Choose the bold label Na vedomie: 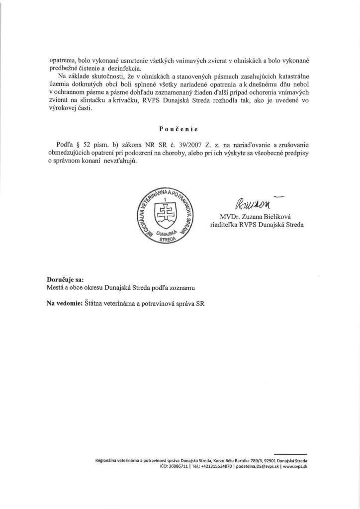tap(64, 302)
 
